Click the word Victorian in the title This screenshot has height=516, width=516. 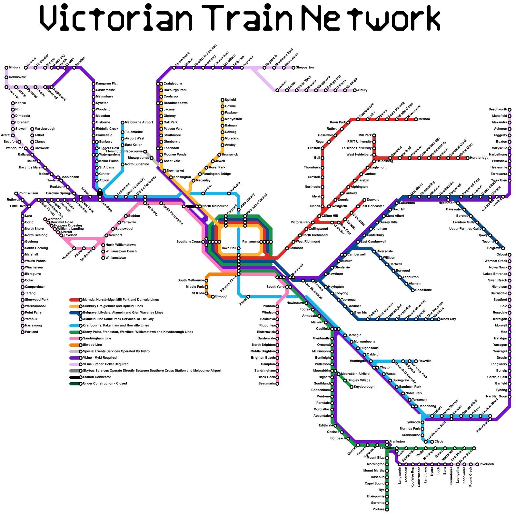tap(116, 18)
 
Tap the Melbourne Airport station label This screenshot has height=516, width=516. tap(139, 123)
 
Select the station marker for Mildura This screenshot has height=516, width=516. tap(6, 68)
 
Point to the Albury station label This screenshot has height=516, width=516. tap(362, 90)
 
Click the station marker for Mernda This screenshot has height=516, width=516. tap(416, 119)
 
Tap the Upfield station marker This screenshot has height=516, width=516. tap(223, 100)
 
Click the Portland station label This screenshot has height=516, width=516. tap(32, 332)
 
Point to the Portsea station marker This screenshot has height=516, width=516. tap(387, 510)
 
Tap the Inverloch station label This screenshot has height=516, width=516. tap(487, 464)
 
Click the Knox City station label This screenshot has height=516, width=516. tap(449, 319)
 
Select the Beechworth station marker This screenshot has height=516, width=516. tap(510, 110)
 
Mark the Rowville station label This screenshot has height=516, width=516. tap(425, 361)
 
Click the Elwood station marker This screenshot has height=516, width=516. tap(213, 297)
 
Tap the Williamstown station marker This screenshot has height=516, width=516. tap(103, 258)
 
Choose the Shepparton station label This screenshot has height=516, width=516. tap(305, 68)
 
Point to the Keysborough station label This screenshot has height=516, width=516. tap(364, 387)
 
